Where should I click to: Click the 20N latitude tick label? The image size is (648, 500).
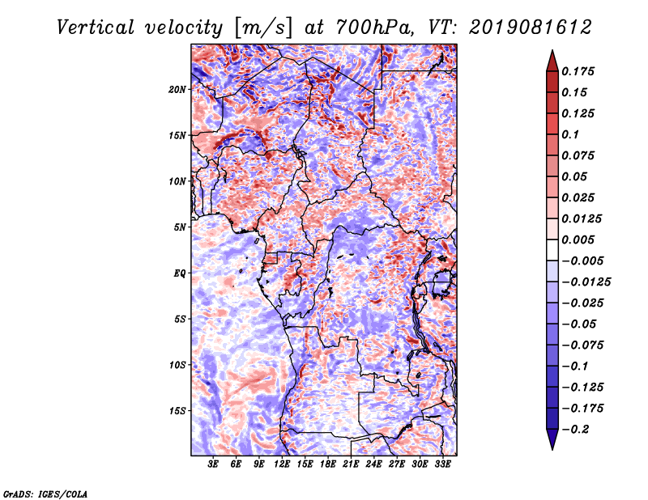(177, 90)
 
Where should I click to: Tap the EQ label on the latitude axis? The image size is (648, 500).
(180, 273)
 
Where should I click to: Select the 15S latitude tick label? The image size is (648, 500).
(177, 411)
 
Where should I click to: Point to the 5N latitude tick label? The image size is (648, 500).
(180, 227)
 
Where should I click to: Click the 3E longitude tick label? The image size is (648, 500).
(213, 464)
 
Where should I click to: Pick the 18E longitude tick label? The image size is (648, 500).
(328, 464)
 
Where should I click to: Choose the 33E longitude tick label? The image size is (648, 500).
(442, 464)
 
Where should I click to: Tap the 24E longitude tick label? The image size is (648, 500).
(373, 464)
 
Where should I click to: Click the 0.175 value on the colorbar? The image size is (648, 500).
(578, 71)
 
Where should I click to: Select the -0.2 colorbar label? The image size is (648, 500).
(575, 430)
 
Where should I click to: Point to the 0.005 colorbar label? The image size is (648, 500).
(578, 239)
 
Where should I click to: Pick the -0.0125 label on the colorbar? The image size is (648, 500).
(586, 282)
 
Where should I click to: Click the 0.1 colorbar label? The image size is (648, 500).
(570, 134)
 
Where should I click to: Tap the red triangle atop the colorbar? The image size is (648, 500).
(552, 61)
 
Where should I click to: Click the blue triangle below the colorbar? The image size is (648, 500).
(552, 439)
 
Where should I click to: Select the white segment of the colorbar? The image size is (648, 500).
(552, 250)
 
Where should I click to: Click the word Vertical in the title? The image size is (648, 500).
(96, 28)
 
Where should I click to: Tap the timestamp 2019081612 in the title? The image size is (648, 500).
(531, 28)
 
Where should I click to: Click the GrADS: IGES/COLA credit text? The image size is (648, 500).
(45, 494)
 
